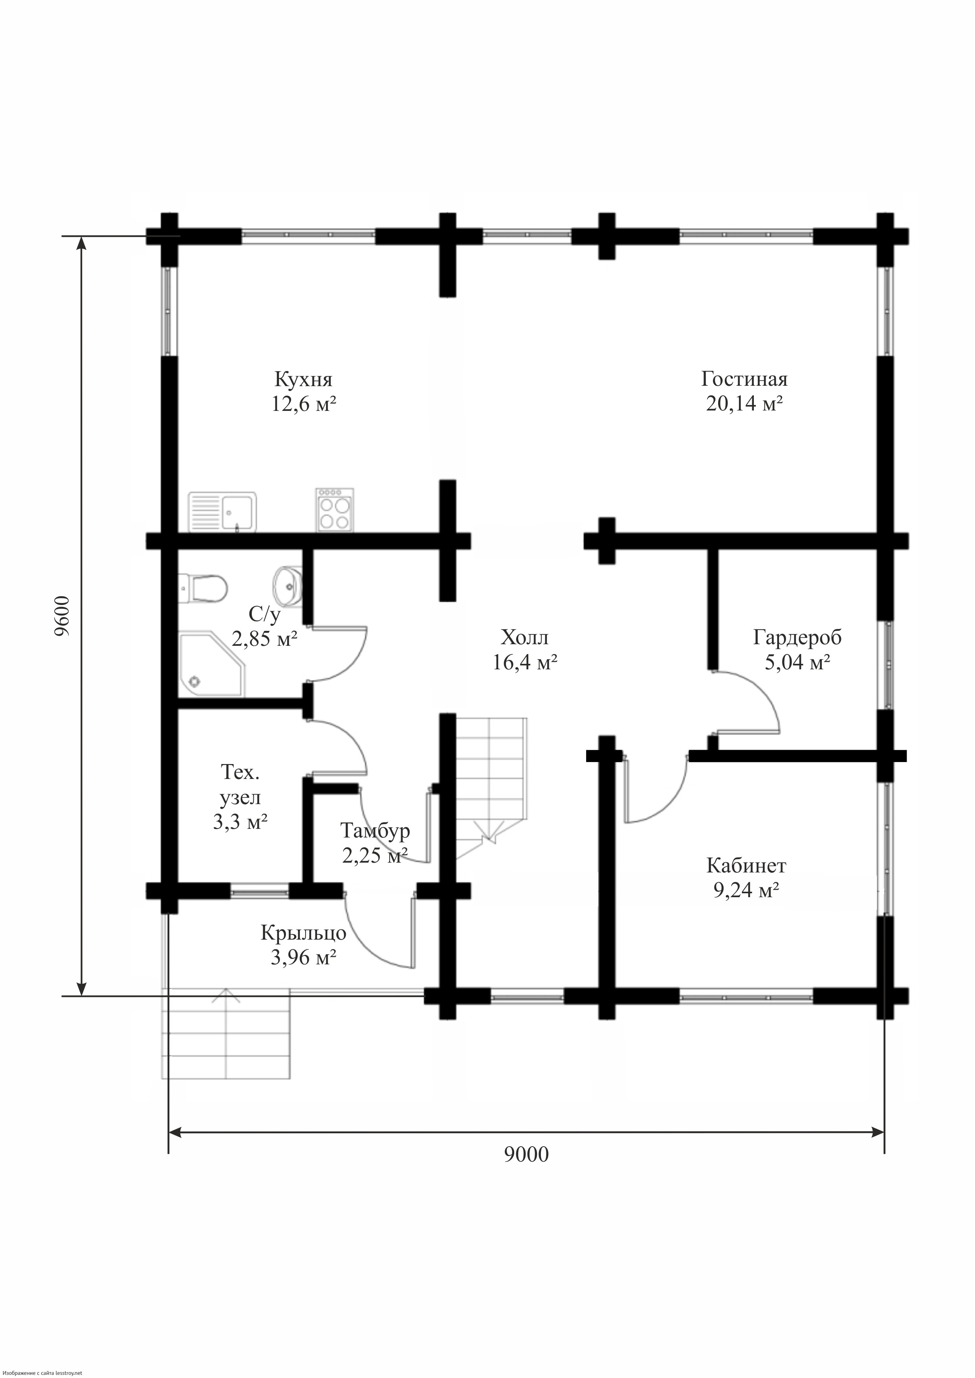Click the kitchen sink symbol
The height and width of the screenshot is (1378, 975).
pyautogui.click(x=223, y=512)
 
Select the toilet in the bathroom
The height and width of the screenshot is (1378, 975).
pyautogui.click(x=203, y=588)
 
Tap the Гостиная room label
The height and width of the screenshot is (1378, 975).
pyautogui.click(x=744, y=379)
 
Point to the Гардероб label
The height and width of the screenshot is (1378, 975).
pyautogui.click(x=797, y=638)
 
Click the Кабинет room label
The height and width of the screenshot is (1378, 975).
pyautogui.click(x=746, y=865)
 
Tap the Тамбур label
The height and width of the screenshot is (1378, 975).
pyautogui.click(x=375, y=831)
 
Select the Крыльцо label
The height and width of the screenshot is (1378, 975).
pyautogui.click(x=303, y=933)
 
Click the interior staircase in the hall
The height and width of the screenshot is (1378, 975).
pyautogui.click(x=491, y=787)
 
